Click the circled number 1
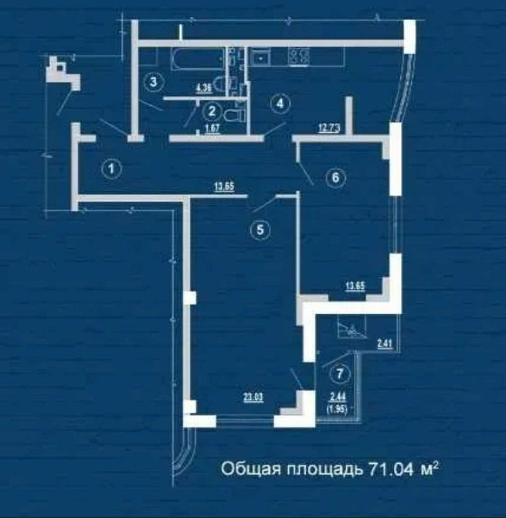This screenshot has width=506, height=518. [x=113, y=167]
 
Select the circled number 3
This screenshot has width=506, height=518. [x=155, y=80]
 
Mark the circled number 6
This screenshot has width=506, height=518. [x=335, y=178]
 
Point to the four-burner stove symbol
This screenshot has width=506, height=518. [x=298, y=56]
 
